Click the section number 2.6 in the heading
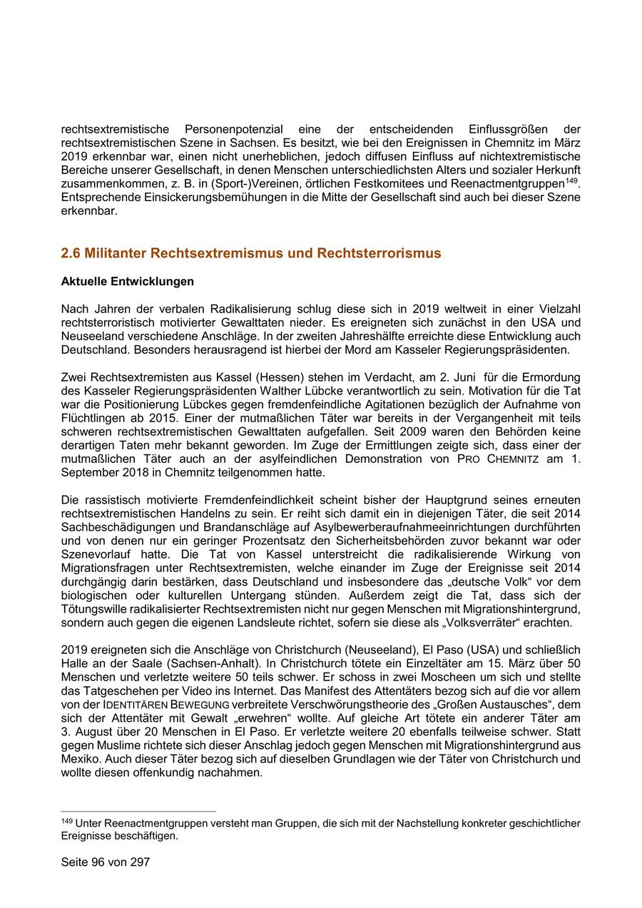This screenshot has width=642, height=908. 71,253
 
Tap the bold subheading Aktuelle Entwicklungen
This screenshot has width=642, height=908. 128,282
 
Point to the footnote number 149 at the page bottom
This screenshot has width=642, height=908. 67,821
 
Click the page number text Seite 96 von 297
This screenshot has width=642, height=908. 106,862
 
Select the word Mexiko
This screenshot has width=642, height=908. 81,759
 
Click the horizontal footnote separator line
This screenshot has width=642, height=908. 138,812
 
